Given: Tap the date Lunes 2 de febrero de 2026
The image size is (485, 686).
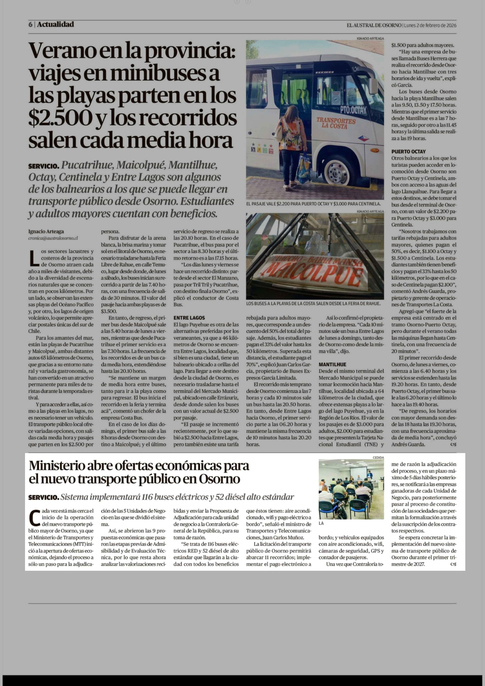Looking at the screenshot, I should (430, 25).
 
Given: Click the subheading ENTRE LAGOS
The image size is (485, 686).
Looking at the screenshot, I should (189, 318).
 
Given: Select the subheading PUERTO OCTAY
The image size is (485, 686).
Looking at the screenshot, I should (409, 151).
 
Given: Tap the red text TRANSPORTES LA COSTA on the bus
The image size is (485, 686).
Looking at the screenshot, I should (336, 123).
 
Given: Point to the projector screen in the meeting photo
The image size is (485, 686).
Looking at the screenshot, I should (358, 474).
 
